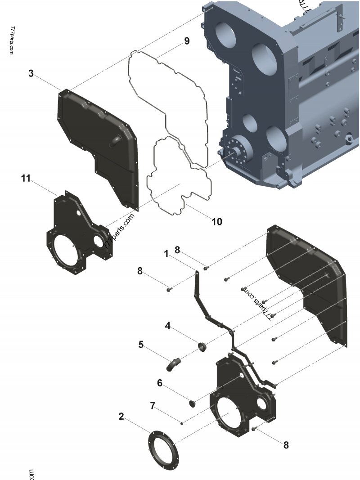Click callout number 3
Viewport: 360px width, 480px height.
pyautogui.click(x=31, y=73)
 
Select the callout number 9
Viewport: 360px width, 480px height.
pyautogui.click(x=186, y=41)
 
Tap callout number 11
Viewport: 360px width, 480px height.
pyautogui.click(x=26, y=179)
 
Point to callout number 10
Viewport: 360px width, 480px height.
pyautogui.click(x=216, y=221)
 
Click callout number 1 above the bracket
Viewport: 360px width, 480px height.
pyautogui.click(x=166, y=254)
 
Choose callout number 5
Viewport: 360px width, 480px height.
pyautogui.click(x=141, y=345)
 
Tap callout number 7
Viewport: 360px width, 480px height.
pyautogui.click(x=152, y=406)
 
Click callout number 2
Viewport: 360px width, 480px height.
pyautogui.click(x=121, y=417)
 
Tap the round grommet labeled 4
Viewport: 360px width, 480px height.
pyautogui.click(x=202, y=346)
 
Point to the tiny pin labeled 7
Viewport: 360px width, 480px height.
pyautogui.click(x=181, y=422)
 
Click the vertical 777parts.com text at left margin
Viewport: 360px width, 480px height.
pyautogui.click(x=12, y=40)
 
